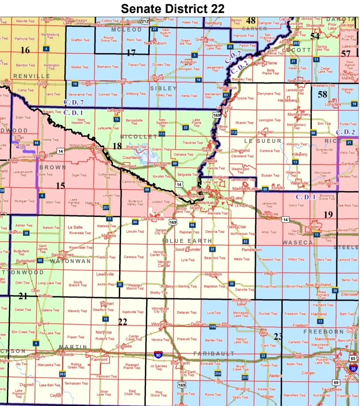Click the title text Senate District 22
click(x=172, y=8)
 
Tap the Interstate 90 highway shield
click(x=158, y=355)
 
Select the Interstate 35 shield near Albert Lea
click(x=353, y=368)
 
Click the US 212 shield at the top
click(x=144, y=22)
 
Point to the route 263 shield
click(x=62, y=374)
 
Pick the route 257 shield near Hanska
click(x=106, y=207)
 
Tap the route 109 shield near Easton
click(x=213, y=326)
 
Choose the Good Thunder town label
click(x=188, y=249)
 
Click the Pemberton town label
click(x=252, y=250)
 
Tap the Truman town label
click(x=106, y=304)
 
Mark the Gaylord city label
click(x=157, y=78)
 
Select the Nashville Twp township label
click(x=133, y=312)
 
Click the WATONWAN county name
click(x=70, y=261)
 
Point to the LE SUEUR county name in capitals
click(x=262, y=141)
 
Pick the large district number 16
click(x=25, y=50)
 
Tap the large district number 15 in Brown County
click(x=60, y=186)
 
